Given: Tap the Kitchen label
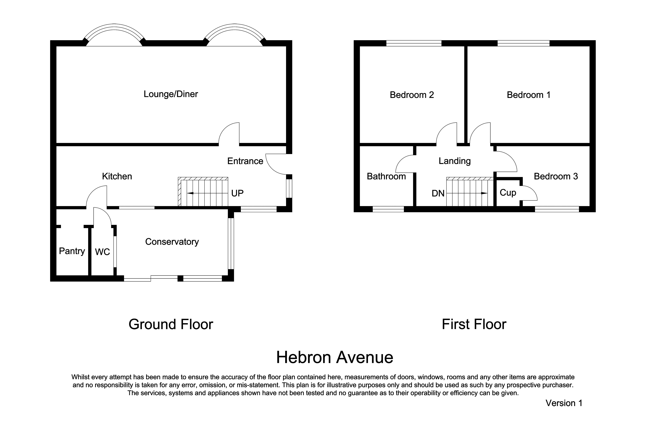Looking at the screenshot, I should [x=117, y=176].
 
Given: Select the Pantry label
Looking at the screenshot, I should [x=72, y=251].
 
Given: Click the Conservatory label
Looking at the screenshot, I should [x=172, y=242].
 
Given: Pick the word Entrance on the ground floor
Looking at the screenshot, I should [x=245, y=161].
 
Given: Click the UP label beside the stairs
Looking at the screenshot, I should [x=237, y=193].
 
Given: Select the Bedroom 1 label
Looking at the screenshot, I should [x=528, y=95].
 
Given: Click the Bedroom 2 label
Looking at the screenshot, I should [x=412, y=95].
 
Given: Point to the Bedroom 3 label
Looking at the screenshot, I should [x=556, y=176].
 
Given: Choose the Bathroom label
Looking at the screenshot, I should [x=386, y=176].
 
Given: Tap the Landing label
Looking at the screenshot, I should [x=455, y=161].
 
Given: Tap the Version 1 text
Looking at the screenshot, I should [x=564, y=403].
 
